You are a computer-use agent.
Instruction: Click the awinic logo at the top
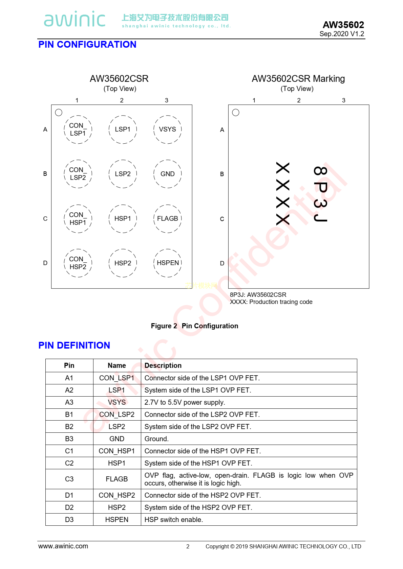(x=75, y=19)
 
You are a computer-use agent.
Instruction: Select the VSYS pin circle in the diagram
(x=167, y=129)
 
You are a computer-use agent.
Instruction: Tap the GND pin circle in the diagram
(x=167, y=174)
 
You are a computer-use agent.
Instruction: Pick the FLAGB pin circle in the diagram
(x=167, y=218)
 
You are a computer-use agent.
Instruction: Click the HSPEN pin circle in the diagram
(x=167, y=263)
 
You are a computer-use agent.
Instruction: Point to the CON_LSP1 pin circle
(x=78, y=129)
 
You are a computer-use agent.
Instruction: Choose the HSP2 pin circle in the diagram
(x=123, y=263)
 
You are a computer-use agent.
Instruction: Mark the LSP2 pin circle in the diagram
(x=123, y=174)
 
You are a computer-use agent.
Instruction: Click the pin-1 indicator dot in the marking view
(x=236, y=112)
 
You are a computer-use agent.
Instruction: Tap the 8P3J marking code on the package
(x=320, y=194)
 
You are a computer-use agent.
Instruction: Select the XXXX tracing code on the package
(x=283, y=194)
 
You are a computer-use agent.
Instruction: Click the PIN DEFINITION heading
(x=74, y=345)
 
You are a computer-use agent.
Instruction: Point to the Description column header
(x=163, y=365)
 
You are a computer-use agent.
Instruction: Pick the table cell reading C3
(x=69, y=479)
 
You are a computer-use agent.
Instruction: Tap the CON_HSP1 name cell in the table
(x=117, y=451)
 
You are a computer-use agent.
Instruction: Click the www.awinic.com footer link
(x=63, y=546)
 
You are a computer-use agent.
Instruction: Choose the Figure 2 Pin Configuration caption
(x=195, y=326)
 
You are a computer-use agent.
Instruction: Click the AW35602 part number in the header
(x=343, y=25)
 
